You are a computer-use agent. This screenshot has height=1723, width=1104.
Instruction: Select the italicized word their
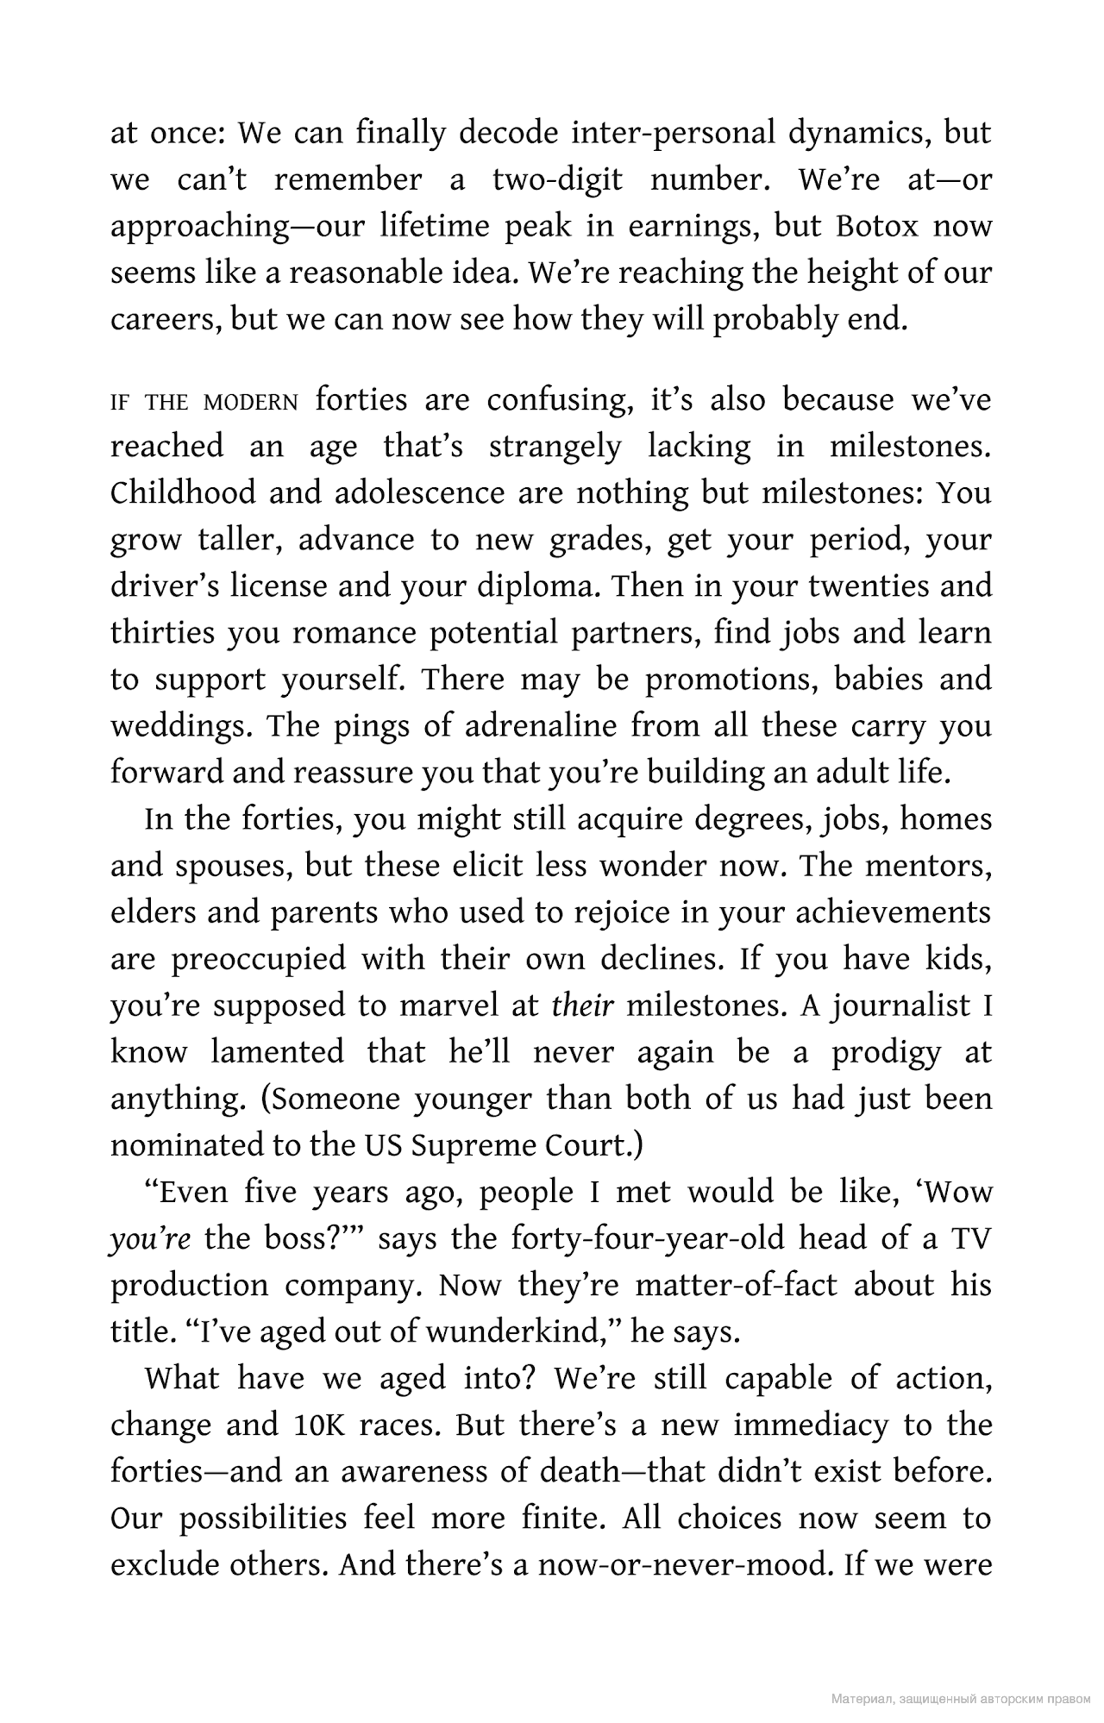pyautogui.click(x=582, y=1006)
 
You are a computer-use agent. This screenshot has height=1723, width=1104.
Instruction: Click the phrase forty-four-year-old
pyautogui.click(x=648, y=1239)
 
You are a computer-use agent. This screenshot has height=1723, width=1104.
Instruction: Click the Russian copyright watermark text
pyautogui.click(x=960, y=1699)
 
